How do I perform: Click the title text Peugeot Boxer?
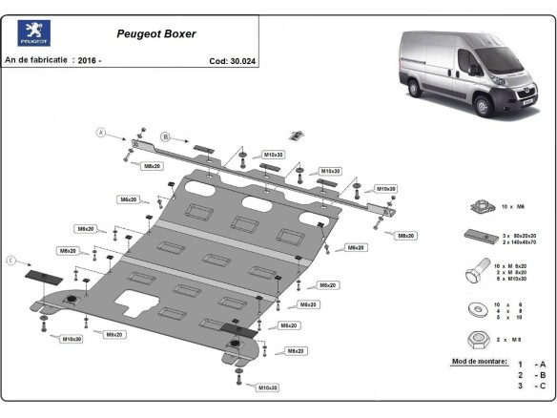tap(156, 33)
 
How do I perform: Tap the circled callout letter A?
tap(100, 134)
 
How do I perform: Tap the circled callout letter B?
tap(164, 137)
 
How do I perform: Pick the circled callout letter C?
tap(11, 260)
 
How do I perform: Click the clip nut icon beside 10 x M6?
tap(481, 206)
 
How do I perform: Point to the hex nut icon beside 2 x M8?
tap(481, 339)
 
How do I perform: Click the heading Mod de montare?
tap(479, 363)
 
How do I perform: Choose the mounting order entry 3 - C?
tap(531, 387)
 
